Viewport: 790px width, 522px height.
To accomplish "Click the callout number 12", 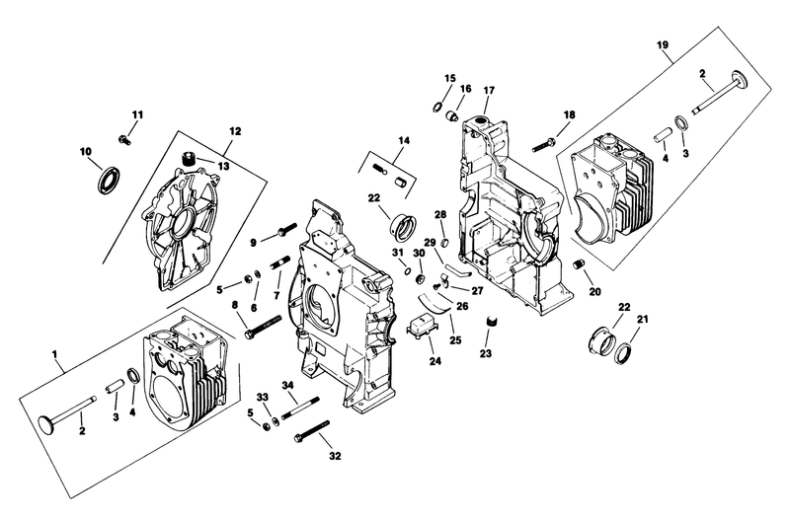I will (235, 130).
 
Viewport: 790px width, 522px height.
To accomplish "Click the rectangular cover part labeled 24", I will (428, 327).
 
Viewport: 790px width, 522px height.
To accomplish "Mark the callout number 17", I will (488, 91).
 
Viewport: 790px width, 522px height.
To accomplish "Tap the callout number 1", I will (55, 351).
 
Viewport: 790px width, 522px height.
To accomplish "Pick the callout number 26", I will (460, 306).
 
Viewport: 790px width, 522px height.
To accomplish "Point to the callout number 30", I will (418, 253).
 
